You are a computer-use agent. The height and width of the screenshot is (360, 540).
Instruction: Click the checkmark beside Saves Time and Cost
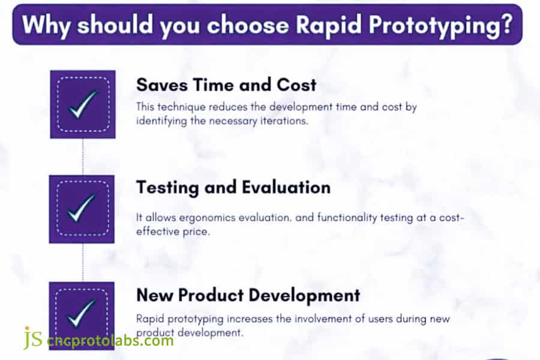(x=82, y=104)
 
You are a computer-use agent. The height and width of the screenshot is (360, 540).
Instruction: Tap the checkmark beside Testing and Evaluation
(x=82, y=208)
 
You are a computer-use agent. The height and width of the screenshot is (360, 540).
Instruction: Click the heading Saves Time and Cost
(x=226, y=85)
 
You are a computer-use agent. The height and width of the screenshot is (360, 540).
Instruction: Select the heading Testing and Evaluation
(x=233, y=188)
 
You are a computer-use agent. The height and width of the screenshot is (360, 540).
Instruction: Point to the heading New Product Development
(x=248, y=295)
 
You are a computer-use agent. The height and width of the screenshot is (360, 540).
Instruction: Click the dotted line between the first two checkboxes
(x=83, y=156)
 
